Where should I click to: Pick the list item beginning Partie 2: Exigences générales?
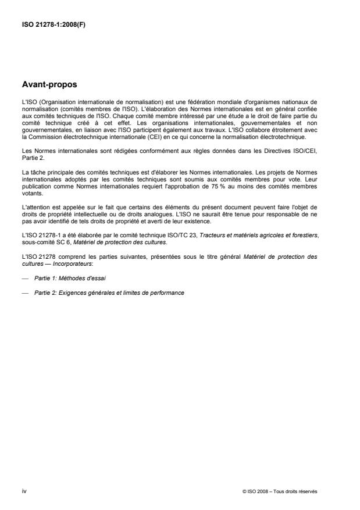[109, 293]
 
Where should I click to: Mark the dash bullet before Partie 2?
[25, 293]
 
